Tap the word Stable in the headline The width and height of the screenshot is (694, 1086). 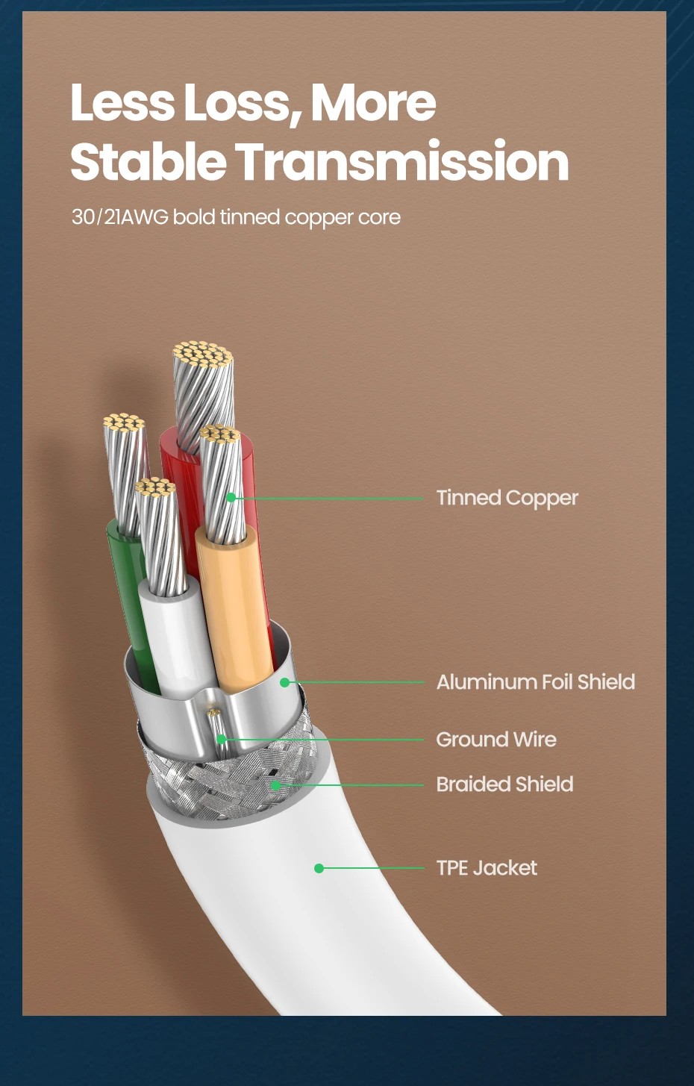(x=148, y=162)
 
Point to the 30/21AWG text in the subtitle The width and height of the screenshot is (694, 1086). (x=119, y=217)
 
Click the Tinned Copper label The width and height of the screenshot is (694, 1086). (x=507, y=498)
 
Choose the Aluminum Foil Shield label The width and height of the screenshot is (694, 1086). (x=535, y=682)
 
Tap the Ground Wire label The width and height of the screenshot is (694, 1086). (x=496, y=740)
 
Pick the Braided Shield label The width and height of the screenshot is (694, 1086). (x=504, y=784)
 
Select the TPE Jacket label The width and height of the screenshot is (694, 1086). (x=487, y=868)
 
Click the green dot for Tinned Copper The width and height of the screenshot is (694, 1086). (x=231, y=497)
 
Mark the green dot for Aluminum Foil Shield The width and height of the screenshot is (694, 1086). (x=284, y=682)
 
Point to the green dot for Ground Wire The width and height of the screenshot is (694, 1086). (x=222, y=740)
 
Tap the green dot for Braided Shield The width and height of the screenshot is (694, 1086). (x=275, y=785)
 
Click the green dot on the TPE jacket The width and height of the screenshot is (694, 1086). (x=319, y=868)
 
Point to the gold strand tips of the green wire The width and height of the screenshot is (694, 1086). (x=123, y=423)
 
